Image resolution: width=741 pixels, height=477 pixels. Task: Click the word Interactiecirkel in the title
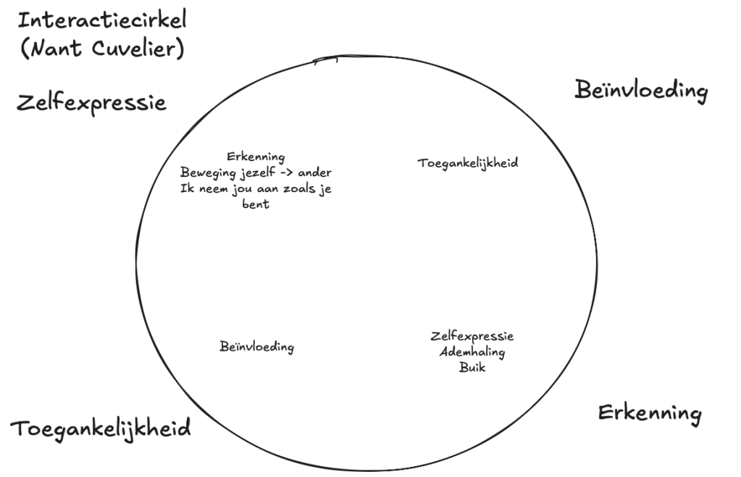point(102,19)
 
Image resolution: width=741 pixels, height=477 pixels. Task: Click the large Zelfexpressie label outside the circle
point(91,102)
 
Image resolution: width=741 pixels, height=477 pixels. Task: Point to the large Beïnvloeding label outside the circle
point(640,91)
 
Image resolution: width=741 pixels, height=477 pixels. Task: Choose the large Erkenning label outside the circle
point(649,413)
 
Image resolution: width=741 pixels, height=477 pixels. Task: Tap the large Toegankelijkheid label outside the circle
point(101,428)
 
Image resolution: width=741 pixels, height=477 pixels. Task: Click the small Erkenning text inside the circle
point(256,157)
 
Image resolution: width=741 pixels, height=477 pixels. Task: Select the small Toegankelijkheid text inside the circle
point(467,163)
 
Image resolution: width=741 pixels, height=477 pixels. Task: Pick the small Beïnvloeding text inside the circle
point(256,347)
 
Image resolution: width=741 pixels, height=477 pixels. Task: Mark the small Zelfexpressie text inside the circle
point(472,336)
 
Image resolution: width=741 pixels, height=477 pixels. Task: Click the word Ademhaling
point(472,352)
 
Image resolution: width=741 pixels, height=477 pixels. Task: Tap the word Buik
point(472,368)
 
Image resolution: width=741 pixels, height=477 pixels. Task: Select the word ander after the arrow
point(316,173)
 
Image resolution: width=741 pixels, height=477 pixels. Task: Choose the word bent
point(256,204)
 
